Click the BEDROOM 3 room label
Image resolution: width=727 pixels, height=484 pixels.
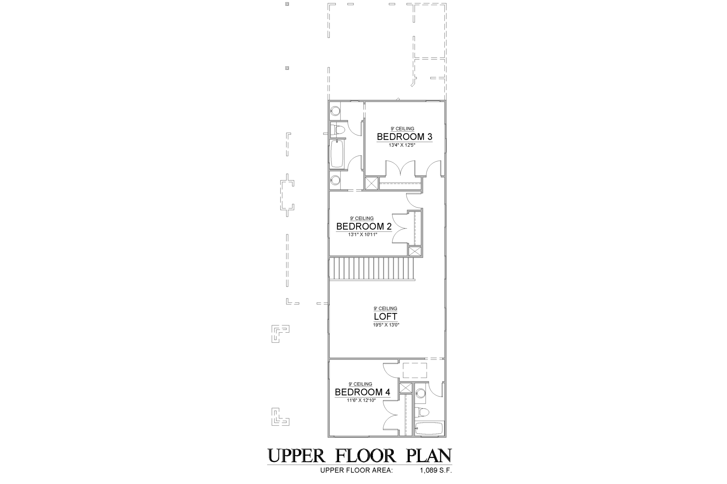(404, 137)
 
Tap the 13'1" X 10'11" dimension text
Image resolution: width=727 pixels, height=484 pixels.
(362, 234)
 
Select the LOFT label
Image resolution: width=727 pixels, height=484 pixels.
(385, 317)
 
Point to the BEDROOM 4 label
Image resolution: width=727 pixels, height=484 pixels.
(362, 392)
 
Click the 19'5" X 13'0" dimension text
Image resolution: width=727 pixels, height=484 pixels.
(386, 324)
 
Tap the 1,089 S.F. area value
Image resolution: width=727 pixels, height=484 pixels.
(436, 471)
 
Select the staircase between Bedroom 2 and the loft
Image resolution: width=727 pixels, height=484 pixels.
(372, 268)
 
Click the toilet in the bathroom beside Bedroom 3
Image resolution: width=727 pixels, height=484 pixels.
(337, 129)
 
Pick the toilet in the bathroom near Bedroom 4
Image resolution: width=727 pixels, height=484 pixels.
(422, 412)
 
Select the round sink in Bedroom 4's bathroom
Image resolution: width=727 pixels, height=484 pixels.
(421, 393)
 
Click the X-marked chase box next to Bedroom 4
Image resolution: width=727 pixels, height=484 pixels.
(405, 388)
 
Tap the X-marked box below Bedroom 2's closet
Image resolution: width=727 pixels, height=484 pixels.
(415, 251)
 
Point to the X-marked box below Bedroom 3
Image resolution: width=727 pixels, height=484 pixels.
(372, 183)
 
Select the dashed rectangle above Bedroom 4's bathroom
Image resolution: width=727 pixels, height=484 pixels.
(415, 371)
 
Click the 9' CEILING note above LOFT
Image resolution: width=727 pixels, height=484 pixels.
(385, 308)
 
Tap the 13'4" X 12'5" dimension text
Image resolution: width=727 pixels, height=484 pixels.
(402, 145)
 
